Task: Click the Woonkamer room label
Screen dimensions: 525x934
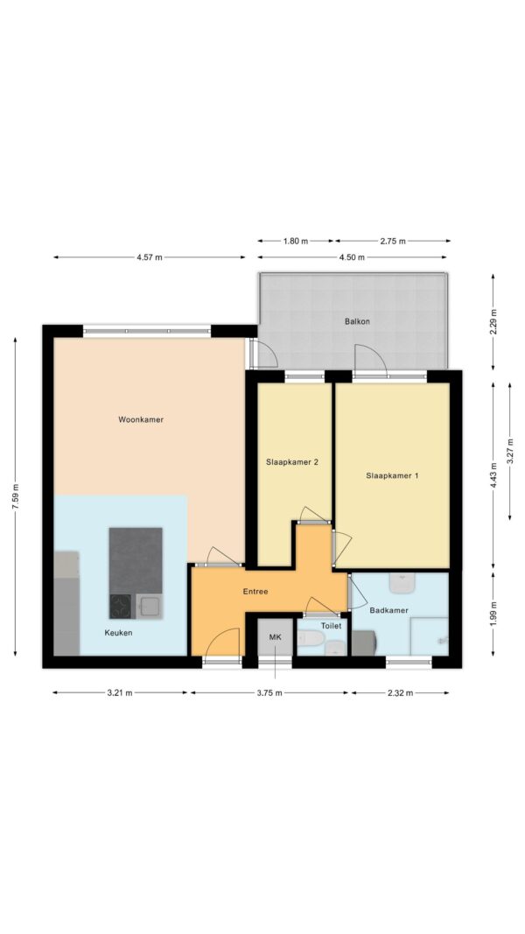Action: [141, 419]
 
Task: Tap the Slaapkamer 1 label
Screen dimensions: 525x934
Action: [392, 475]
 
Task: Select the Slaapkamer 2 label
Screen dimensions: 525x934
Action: [292, 461]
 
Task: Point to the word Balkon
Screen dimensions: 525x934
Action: [357, 321]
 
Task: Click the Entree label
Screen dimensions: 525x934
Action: [255, 592]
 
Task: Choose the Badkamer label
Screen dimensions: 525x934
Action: [388, 610]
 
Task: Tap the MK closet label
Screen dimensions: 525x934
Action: [275, 637]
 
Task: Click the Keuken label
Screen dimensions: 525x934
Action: [118, 633]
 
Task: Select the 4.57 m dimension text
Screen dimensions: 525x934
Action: [150, 257]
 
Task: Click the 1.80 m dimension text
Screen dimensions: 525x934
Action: [295, 242]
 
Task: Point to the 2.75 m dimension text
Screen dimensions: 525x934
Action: [392, 242]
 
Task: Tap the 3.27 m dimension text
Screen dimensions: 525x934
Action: [509, 451]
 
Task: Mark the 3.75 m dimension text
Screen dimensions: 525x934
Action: [269, 692]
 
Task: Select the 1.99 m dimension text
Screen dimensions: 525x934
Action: [493, 613]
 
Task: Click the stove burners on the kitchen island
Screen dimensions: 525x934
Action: [122, 607]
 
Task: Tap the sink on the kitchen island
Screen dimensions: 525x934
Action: [149, 607]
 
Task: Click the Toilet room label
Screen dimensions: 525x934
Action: [331, 626]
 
